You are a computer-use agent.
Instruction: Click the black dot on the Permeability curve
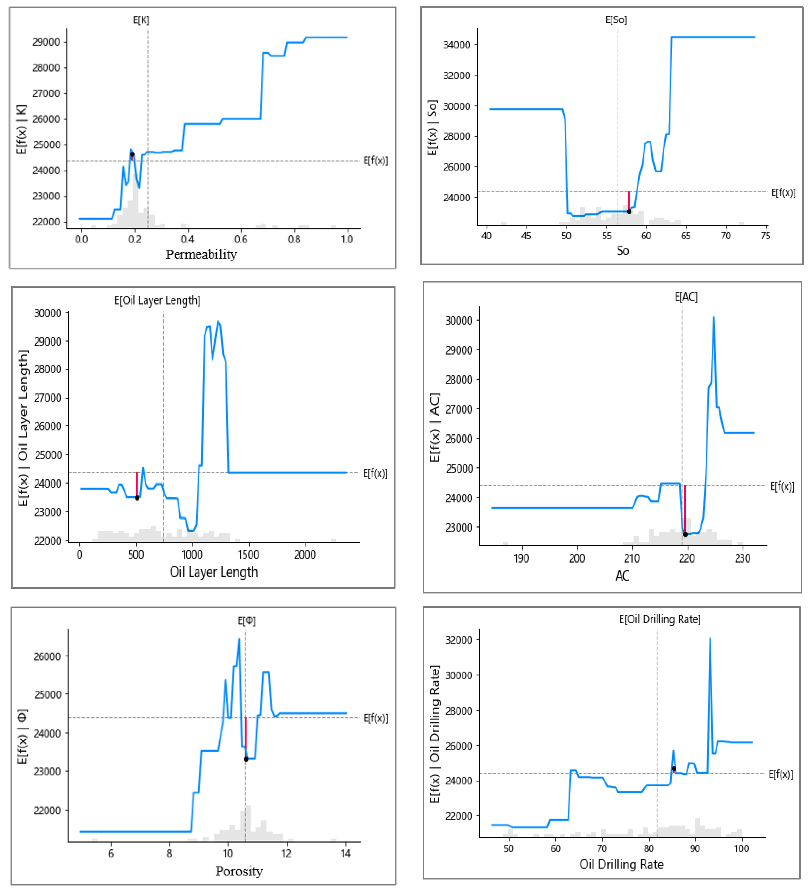[132, 154]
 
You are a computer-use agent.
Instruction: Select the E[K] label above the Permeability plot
[141, 20]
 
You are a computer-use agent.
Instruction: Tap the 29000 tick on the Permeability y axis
[46, 42]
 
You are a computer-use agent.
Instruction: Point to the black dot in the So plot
[629, 212]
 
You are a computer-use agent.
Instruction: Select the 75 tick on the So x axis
[765, 236]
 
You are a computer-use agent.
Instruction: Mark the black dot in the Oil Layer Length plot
[137, 498]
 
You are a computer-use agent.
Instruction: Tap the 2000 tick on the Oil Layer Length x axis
[305, 555]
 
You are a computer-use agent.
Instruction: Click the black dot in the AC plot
[685, 535]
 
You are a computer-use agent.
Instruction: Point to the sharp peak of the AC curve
[714, 318]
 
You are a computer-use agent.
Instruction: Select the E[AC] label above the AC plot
[686, 297]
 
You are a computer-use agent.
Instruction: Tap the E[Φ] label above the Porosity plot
[246, 621]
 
